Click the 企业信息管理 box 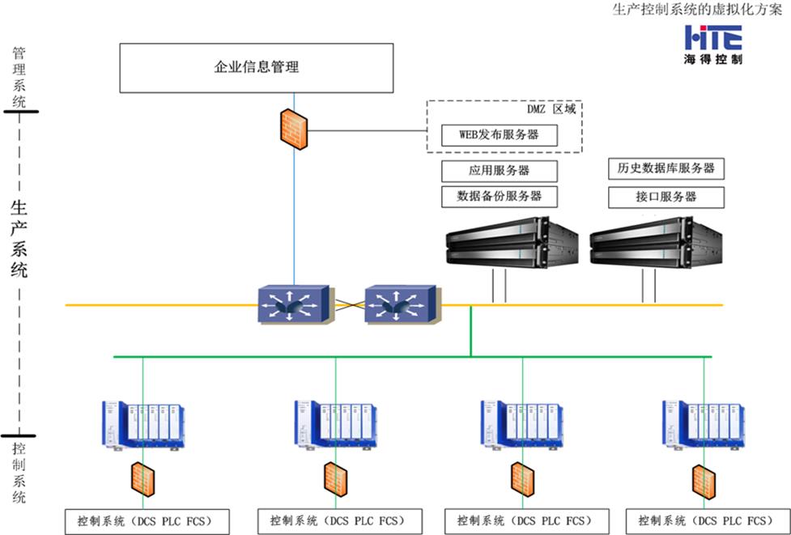pyautogui.click(x=256, y=67)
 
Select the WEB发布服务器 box pyautogui.click(x=500, y=135)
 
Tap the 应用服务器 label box pyautogui.click(x=500, y=172)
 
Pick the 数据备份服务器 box pyautogui.click(x=500, y=197)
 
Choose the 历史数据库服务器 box pyautogui.click(x=666, y=168)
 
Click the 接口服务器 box pyautogui.click(x=666, y=197)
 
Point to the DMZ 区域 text pyautogui.click(x=550, y=108)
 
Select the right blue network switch pyautogui.click(x=402, y=306)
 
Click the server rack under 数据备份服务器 pyautogui.click(x=512, y=244)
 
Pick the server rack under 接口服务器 pyautogui.click(x=655, y=244)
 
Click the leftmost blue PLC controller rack pyautogui.click(x=142, y=425)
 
